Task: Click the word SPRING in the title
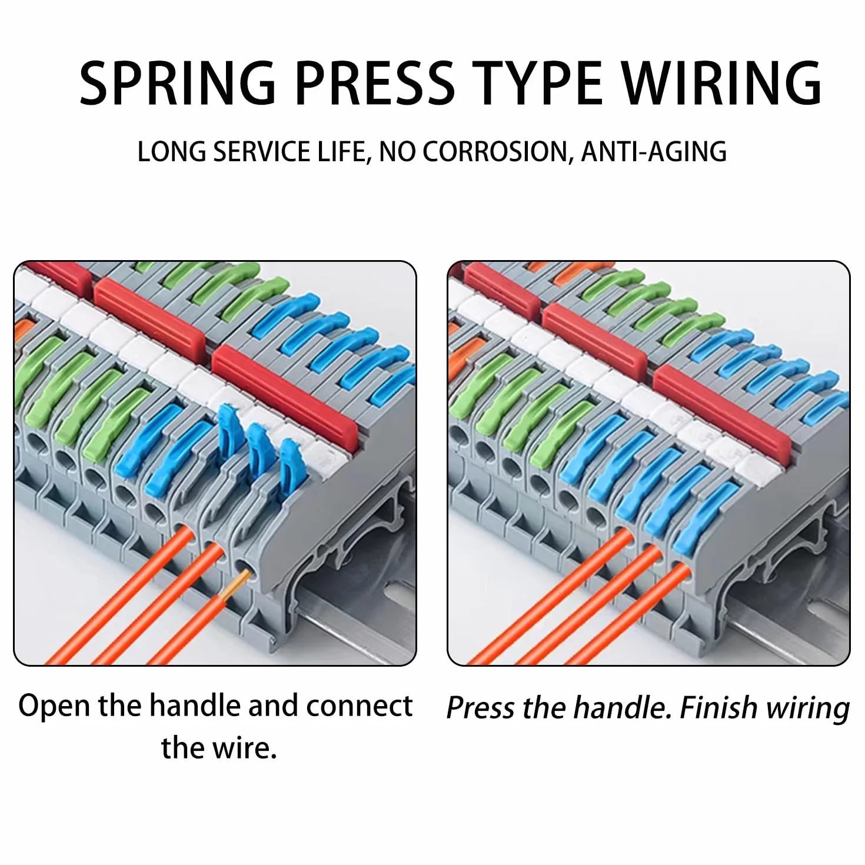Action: pos(178,83)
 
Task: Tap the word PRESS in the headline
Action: pos(375,83)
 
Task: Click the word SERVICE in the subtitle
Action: pos(262,151)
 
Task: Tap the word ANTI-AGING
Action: pos(654,151)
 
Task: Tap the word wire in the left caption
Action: pos(243,748)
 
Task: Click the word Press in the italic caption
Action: pos(481,708)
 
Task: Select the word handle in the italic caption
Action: pos(624,708)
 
